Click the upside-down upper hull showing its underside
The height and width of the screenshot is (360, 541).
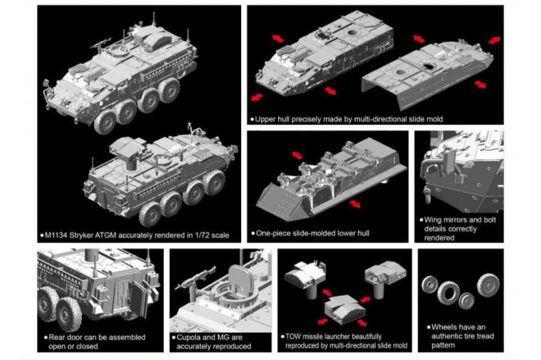(434, 73)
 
